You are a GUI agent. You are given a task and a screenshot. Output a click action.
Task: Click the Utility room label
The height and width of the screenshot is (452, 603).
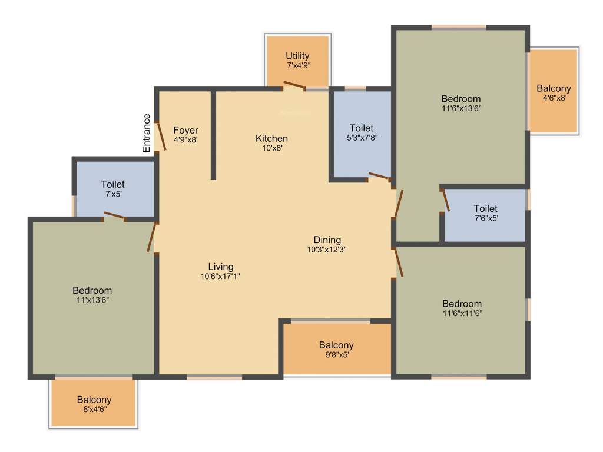297,56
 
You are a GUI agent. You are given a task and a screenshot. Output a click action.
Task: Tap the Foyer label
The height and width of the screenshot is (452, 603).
185,130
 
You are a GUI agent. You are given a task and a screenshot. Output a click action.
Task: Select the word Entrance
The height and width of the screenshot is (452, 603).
147,133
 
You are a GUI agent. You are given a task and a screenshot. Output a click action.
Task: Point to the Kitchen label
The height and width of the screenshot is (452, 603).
271,138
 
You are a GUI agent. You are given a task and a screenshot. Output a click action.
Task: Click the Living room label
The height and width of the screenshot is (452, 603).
221,267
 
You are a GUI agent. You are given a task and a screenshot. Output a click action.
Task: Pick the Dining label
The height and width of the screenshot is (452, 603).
327,240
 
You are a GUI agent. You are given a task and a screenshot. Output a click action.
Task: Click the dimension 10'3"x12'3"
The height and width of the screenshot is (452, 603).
327,250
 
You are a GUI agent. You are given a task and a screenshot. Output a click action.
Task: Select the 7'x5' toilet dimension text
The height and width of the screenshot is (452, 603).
112,194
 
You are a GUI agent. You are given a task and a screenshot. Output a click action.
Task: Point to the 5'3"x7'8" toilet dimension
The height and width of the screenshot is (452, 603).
361,138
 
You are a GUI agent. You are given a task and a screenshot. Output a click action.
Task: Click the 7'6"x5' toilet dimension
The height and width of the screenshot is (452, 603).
485,218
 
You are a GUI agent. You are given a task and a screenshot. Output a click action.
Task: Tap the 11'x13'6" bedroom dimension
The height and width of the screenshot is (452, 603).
92,300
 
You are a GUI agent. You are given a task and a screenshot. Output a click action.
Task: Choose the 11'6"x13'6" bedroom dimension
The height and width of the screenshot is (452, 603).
461,108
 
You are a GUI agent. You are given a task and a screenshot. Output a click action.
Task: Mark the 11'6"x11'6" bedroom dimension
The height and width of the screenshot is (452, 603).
462,313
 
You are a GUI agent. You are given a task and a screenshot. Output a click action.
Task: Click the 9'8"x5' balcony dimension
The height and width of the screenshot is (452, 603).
336,355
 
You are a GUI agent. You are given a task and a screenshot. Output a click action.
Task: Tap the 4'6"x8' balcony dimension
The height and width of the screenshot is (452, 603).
553,98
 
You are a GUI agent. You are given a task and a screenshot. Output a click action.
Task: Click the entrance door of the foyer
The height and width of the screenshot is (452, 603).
161,136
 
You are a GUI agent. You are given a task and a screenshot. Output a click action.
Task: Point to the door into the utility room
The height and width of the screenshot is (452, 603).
294,87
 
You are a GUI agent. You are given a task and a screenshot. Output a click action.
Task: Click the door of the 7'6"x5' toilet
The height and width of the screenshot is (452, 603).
446,200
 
